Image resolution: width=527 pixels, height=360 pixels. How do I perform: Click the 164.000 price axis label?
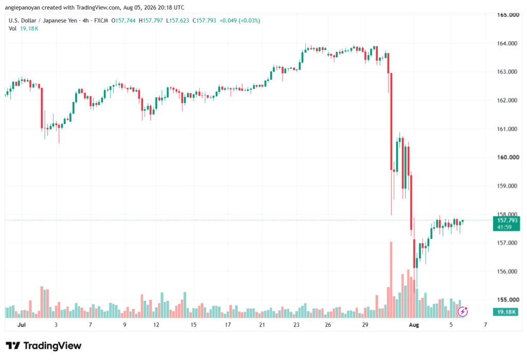(507, 43)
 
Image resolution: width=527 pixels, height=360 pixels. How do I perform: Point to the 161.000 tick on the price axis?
(507, 129)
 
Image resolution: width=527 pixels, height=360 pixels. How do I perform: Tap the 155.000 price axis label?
(507, 300)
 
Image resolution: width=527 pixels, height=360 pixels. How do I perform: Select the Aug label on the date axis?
(414, 325)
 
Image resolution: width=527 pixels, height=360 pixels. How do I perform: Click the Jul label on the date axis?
(22, 325)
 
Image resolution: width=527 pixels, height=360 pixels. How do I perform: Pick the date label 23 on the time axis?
(296, 325)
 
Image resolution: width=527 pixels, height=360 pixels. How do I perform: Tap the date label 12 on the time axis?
(156, 325)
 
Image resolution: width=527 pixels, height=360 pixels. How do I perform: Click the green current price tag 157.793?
(506, 224)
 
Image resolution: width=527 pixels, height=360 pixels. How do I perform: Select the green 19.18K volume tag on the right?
(506, 312)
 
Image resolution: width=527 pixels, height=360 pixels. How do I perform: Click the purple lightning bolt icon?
(463, 312)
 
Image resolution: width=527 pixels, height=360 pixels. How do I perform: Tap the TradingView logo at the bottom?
(44, 346)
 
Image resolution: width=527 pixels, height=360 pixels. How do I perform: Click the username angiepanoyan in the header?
(23, 8)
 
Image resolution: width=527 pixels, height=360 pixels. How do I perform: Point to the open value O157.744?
(124, 21)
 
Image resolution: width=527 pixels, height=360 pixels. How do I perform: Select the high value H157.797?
(151, 21)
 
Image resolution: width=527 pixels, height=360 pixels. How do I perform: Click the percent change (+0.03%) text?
(250, 21)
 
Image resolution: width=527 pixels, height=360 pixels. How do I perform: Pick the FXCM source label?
(101, 21)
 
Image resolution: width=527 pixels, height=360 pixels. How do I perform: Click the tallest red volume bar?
(391, 280)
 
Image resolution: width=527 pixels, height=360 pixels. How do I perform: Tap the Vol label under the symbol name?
(12, 29)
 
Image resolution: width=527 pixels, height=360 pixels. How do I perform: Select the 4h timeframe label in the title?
(86, 21)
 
